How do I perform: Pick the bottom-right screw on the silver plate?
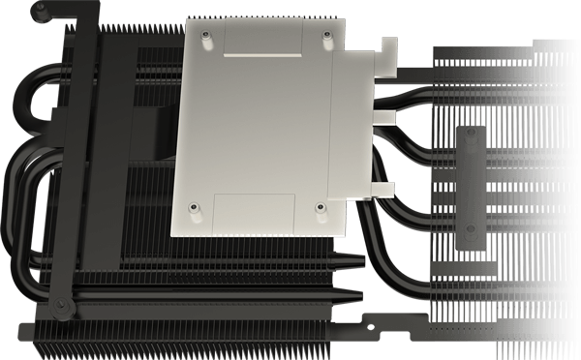(x=320, y=206)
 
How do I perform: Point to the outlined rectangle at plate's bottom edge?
(x=254, y=213)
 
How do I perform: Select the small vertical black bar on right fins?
(x=471, y=189)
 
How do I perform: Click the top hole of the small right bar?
(x=471, y=137)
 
